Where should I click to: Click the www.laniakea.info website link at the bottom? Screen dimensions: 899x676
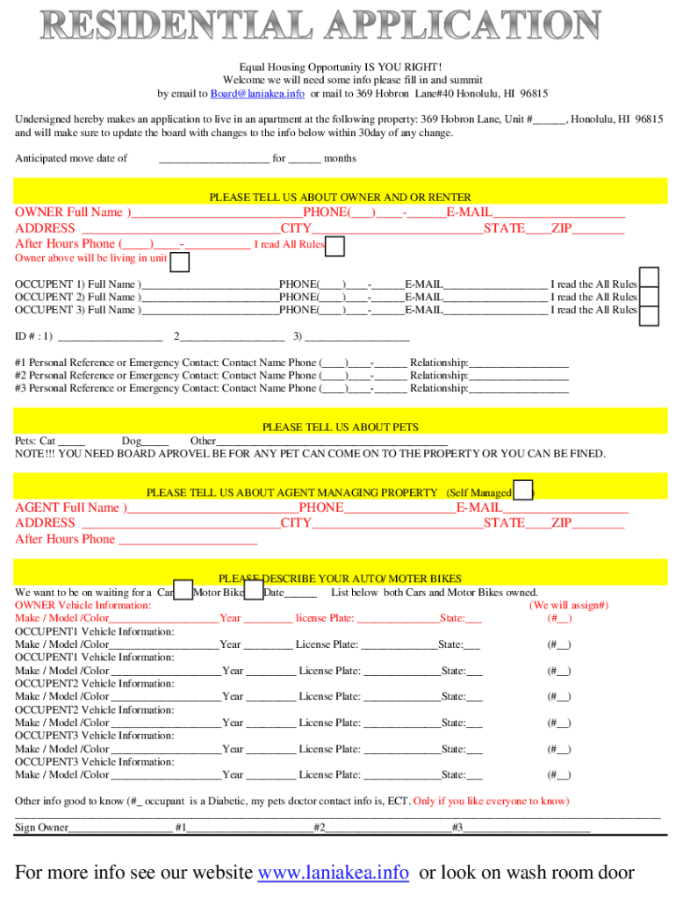pyautogui.click(x=333, y=873)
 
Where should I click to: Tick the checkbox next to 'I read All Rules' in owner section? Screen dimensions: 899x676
pyautogui.click(x=334, y=247)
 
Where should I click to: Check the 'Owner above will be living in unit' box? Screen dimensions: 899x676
pyautogui.click(x=179, y=262)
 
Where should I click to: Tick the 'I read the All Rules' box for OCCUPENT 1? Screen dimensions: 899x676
pyautogui.click(x=649, y=277)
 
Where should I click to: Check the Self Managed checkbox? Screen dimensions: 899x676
pyautogui.click(x=522, y=490)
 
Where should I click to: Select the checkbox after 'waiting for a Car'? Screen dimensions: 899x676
pyautogui.click(x=183, y=591)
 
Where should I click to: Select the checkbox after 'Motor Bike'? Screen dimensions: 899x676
pyautogui.click(x=253, y=591)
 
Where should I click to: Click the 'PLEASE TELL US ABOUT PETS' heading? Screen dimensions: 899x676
pyautogui.click(x=340, y=428)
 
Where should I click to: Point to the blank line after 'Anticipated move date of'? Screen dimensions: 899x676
pyautogui.click(x=213, y=159)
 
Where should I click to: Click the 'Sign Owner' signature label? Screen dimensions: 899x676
pyautogui.click(x=41, y=828)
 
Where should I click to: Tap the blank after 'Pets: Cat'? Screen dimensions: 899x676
pyautogui.click(x=73, y=441)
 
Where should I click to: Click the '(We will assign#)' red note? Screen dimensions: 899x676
pyautogui.click(x=569, y=605)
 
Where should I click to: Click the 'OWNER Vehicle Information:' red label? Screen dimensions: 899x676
pyautogui.click(x=83, y=605)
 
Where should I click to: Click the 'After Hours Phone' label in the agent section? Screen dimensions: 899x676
pyautogui.click(x=65, y=539)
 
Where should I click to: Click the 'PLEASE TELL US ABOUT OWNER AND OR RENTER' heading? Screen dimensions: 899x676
pyautogui.click(x=340, y=198)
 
